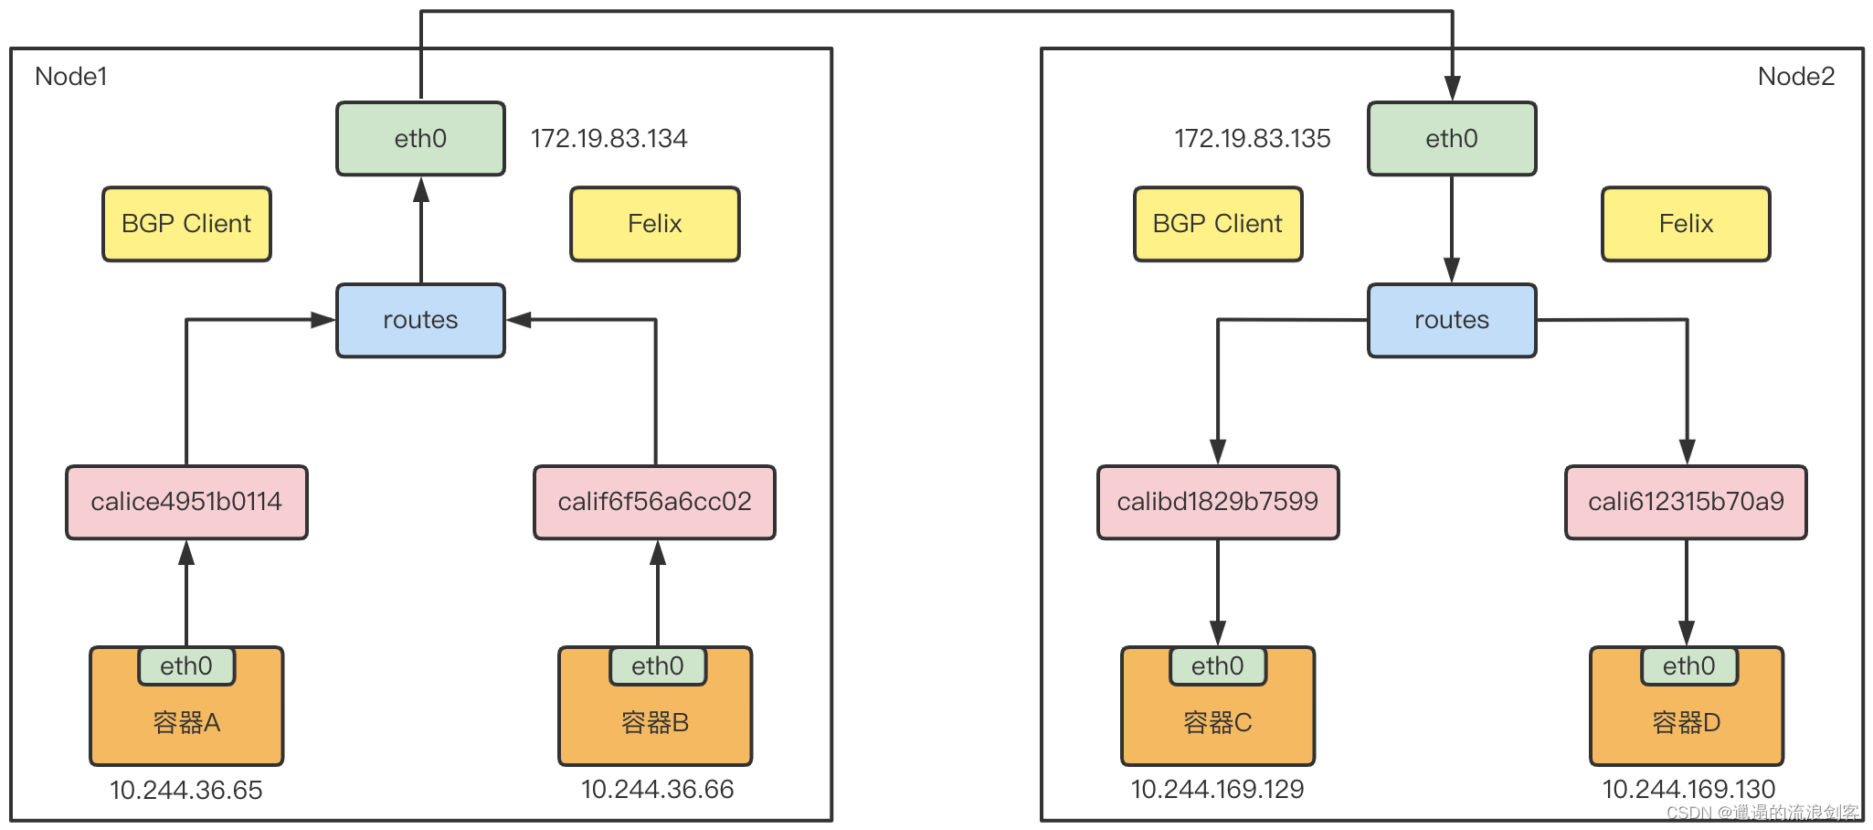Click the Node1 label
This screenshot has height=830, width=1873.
tap(71, 76)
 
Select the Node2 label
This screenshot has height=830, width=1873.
tap(1796, 76)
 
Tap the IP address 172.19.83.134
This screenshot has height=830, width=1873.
tap(608, 138)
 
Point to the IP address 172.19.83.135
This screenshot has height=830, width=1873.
tap(1252, 138)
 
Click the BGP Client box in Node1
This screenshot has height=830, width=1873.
tap(186, 224)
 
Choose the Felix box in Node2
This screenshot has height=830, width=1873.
tap(1686, 224)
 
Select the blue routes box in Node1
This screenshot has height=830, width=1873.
tap(420, 320)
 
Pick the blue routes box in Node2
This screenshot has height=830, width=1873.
tap(1452, 320)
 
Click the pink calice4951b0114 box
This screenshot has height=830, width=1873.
tap(186, 502)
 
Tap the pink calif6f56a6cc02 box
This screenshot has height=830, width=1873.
tap(654, 502)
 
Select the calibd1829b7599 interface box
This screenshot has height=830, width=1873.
tap(1218, 502)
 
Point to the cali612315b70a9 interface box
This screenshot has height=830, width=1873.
tap(1686, 502)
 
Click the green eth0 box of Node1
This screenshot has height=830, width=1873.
tap(420, 138)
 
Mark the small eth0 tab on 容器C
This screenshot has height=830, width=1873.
tap(1218, 665)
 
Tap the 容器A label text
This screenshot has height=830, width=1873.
tap(186, 723)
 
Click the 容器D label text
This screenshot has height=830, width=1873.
tap(1687, 723)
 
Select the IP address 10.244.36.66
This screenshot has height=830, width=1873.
tap(658, 789)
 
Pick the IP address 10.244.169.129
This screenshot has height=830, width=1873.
tap(1218, 789)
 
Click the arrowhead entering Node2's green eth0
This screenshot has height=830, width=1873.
tap(1452, 89)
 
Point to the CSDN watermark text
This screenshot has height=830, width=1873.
tap(1762, 812)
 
